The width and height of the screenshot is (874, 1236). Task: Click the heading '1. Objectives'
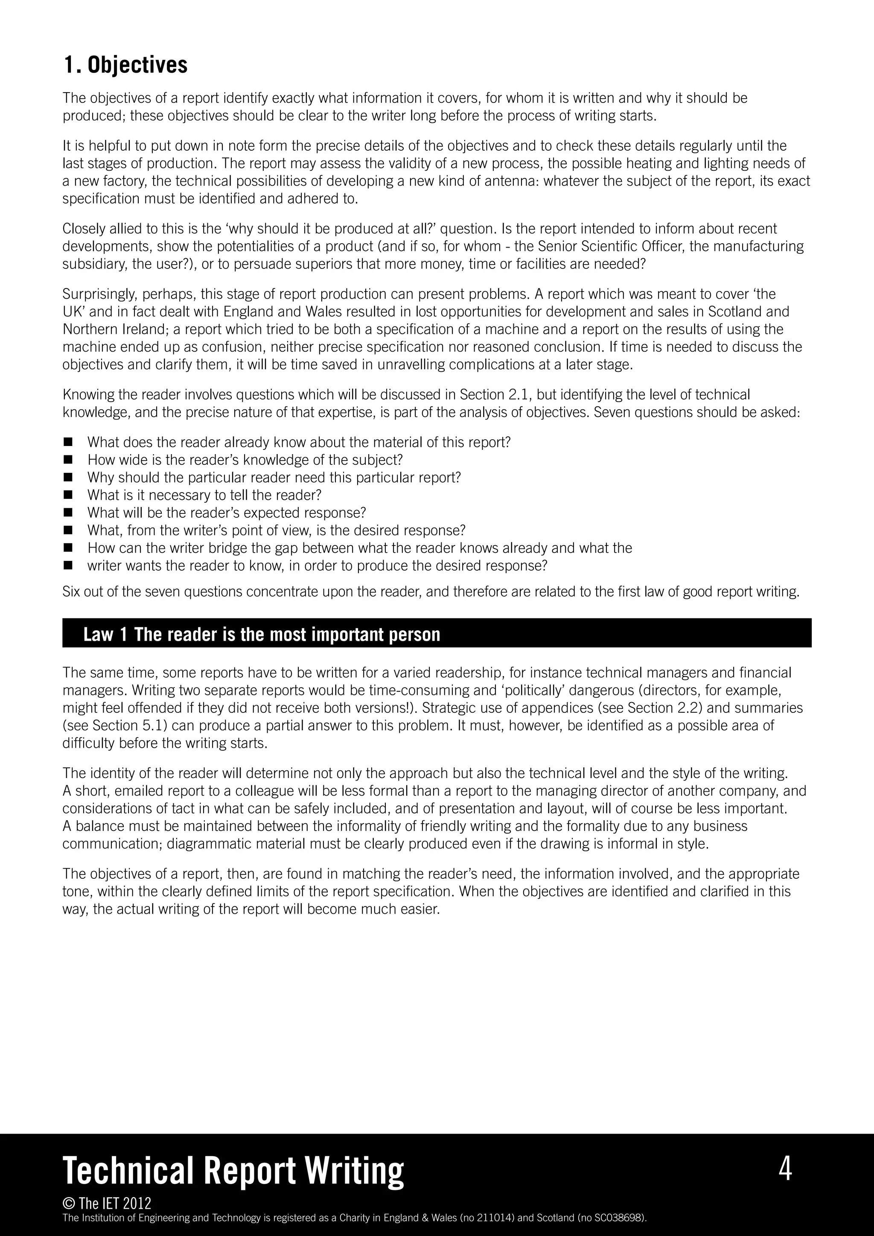[125, 65]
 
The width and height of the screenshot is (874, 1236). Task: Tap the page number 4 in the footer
[785, 1169]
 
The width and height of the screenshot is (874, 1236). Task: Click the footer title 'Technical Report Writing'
[233, 1171]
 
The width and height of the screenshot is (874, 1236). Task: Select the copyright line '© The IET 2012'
[107, 1203]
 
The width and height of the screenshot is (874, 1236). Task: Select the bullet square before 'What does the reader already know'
[68, 443]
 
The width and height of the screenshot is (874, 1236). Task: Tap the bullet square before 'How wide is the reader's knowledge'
[68, 460]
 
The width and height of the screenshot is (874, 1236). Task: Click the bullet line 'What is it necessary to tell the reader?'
[204, 495]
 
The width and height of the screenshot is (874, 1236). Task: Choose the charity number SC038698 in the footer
[616, 1218]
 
